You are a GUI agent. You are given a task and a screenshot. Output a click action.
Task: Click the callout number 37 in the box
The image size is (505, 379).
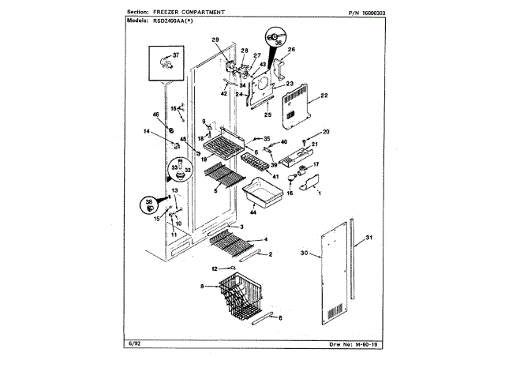[176, 56]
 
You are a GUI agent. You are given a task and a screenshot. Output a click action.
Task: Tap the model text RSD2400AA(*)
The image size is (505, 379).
[182, 23]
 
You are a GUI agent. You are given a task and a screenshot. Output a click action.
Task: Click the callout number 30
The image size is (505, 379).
[305, 254]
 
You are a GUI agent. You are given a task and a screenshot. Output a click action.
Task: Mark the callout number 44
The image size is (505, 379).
[253, 213]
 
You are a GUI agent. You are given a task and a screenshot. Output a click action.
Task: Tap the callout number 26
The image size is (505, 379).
[290, 51]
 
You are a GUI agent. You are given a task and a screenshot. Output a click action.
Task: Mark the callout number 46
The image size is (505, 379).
[155, 116]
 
